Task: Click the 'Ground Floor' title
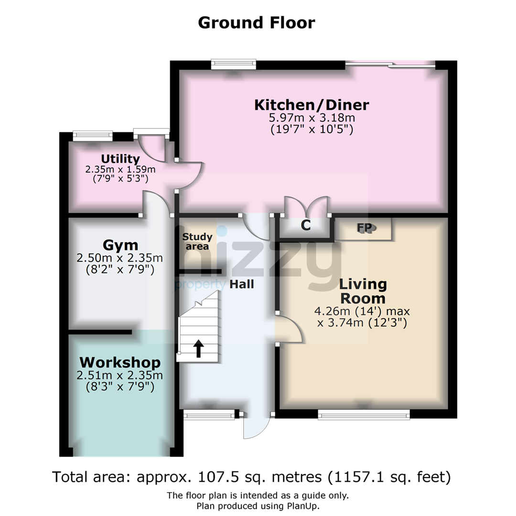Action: point(257,23)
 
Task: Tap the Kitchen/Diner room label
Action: point(312,105)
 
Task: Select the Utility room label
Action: point(120,159)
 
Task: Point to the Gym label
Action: point(120,246)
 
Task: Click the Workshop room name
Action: point(120,362)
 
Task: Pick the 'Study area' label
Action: point(197,242)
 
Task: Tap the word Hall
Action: point(242,284)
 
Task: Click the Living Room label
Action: point(363,291)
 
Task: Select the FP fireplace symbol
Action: point(364,228)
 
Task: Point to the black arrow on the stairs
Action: point(198,349)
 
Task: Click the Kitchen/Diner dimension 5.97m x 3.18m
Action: point(312,118)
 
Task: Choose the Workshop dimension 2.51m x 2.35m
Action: point(120,375)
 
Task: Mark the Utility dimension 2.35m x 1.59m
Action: point(120,170)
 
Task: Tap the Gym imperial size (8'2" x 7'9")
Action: point(120,269)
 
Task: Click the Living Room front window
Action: point(364,415)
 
